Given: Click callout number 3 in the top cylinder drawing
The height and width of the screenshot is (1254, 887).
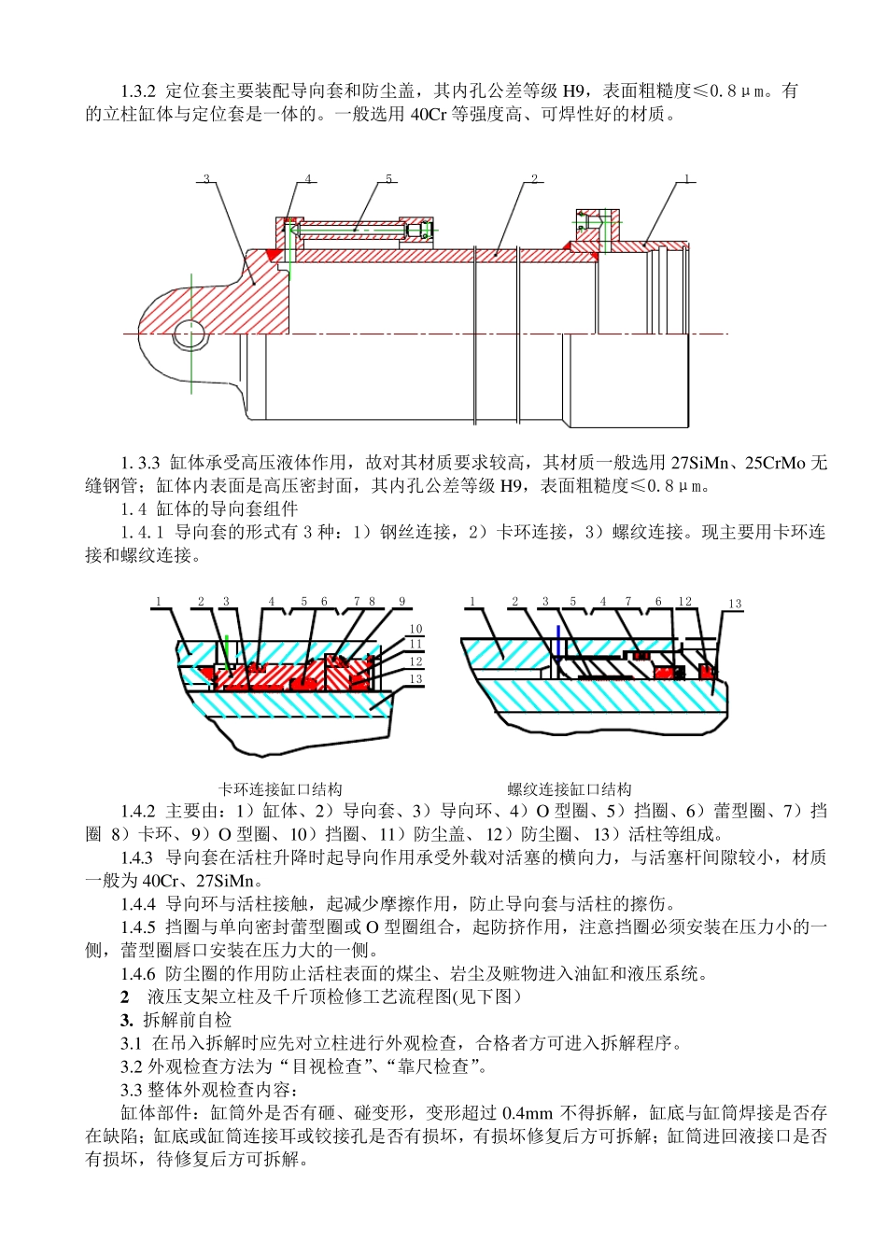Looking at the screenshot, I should pyautogui.click(x=205, y=179).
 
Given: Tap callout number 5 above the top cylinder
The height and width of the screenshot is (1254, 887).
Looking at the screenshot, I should pyautogui.click(x=389, y=179).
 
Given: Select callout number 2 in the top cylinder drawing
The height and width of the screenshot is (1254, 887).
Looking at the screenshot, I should pyautogui.click(x=534, y=179).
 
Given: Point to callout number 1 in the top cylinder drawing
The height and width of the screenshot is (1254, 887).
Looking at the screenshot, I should pyautogui.click(x=686, y=178).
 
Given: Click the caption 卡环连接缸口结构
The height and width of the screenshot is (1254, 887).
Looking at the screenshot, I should pyautogui.click(x=280, y=789).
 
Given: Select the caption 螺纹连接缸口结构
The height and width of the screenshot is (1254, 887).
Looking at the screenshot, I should pyautogui.click(x=570, y=789).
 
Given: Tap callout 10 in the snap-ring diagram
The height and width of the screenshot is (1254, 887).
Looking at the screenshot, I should pyautogui.click(x=415, y=630).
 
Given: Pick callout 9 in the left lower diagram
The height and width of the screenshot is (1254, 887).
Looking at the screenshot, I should pyautogui.click(x=402, y=602).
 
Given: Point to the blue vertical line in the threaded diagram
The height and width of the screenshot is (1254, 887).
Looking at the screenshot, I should pyautogui.click(x=557, y=642).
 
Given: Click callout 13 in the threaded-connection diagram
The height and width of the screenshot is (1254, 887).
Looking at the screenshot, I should pyautogui.click(x=735, y=604).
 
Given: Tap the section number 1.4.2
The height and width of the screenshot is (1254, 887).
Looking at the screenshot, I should pyautogui.click(x=137, y=812).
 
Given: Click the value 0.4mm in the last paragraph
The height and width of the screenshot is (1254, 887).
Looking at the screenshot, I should pyautogui.click(x=528, y=1113).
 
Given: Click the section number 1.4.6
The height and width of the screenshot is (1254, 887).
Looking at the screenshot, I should pyautogui.click(x=137, y=973).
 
